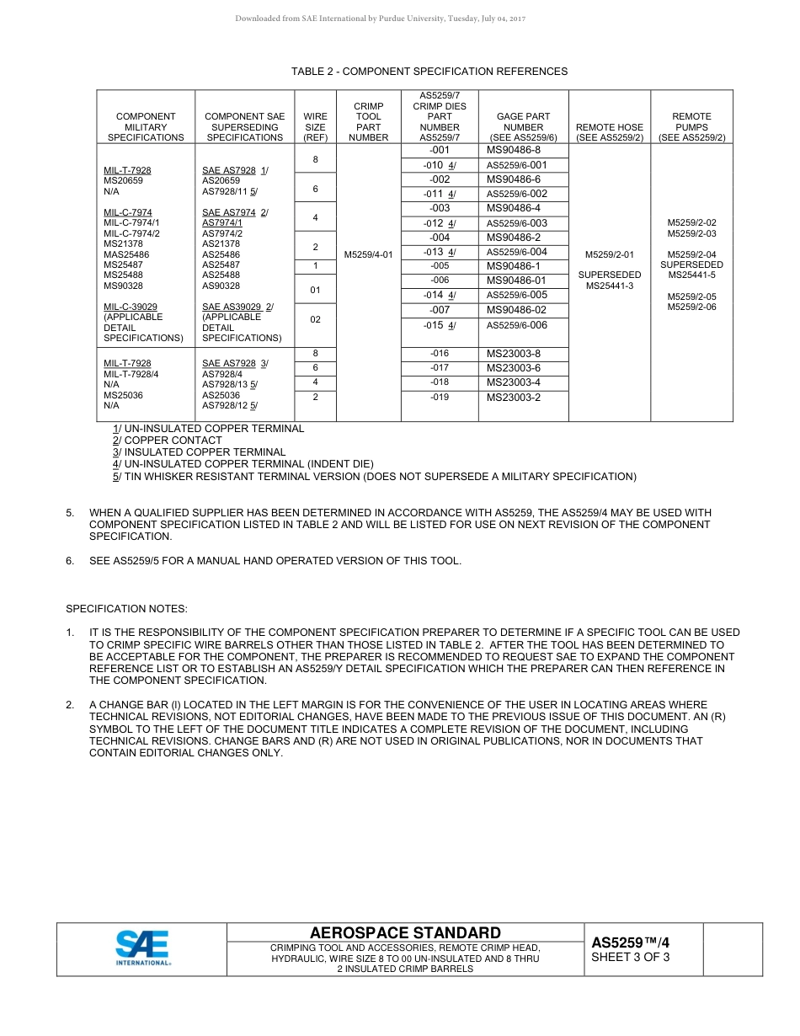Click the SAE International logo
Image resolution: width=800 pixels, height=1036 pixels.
[142, 948]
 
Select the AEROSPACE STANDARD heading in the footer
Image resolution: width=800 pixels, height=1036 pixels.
[405, 932]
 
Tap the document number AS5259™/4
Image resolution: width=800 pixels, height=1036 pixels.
[630, 943]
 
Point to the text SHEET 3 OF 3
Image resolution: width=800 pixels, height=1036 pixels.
[630, 957]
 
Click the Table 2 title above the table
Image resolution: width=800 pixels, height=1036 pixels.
[429, 72]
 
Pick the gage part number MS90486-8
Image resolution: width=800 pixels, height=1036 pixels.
[514, 150]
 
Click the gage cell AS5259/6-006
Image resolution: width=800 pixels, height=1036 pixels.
[516, 325]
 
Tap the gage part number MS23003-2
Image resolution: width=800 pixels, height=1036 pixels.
[514, 398]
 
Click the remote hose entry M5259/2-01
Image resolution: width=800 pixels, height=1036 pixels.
[610, 254]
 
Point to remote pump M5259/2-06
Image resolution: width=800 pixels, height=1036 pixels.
[692, 307]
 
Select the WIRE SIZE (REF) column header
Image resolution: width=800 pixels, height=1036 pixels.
[315, 126]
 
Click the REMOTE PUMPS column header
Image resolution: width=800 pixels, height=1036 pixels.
[691, 126]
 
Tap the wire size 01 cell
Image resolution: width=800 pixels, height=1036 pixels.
[315, 290]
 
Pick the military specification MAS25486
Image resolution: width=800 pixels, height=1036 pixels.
[126, 254]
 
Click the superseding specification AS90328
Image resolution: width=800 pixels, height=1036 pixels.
[221, 286]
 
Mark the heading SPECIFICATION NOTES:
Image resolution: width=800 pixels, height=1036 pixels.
[126, 608]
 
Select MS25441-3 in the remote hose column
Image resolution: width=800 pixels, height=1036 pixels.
[610, 286]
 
